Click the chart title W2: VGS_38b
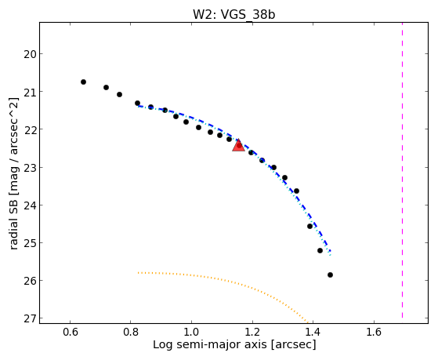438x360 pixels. click(x=233, y=15)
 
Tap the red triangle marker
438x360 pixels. click(x=238, y=145)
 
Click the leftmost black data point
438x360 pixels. click(x=83, y=82)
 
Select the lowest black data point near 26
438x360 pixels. click(x=330, y=275)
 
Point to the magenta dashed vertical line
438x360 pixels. click(x=402, y=170)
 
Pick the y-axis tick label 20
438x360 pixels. click(x=30, y=54)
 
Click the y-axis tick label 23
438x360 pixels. click(x=30, y=168)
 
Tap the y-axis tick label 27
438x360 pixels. click(x=30, y=318)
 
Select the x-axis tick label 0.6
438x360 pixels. click(x=70, y=332)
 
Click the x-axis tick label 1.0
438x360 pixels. click(x=192, y=332)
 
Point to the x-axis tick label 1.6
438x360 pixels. click(x=374, y=332)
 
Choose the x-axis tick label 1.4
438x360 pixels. click(x=313, y=332)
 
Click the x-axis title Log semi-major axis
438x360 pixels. click(x=210, y=344)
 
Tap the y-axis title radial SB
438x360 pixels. click(x=13, y=220)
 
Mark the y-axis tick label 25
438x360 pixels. click(x=30, y=243)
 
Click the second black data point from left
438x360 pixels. click(x=106, y=88)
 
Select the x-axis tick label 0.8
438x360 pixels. click(x=131, y=332)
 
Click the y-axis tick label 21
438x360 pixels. click(x=30, y=92)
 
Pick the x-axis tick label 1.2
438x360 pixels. click(x=252, y=332)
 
